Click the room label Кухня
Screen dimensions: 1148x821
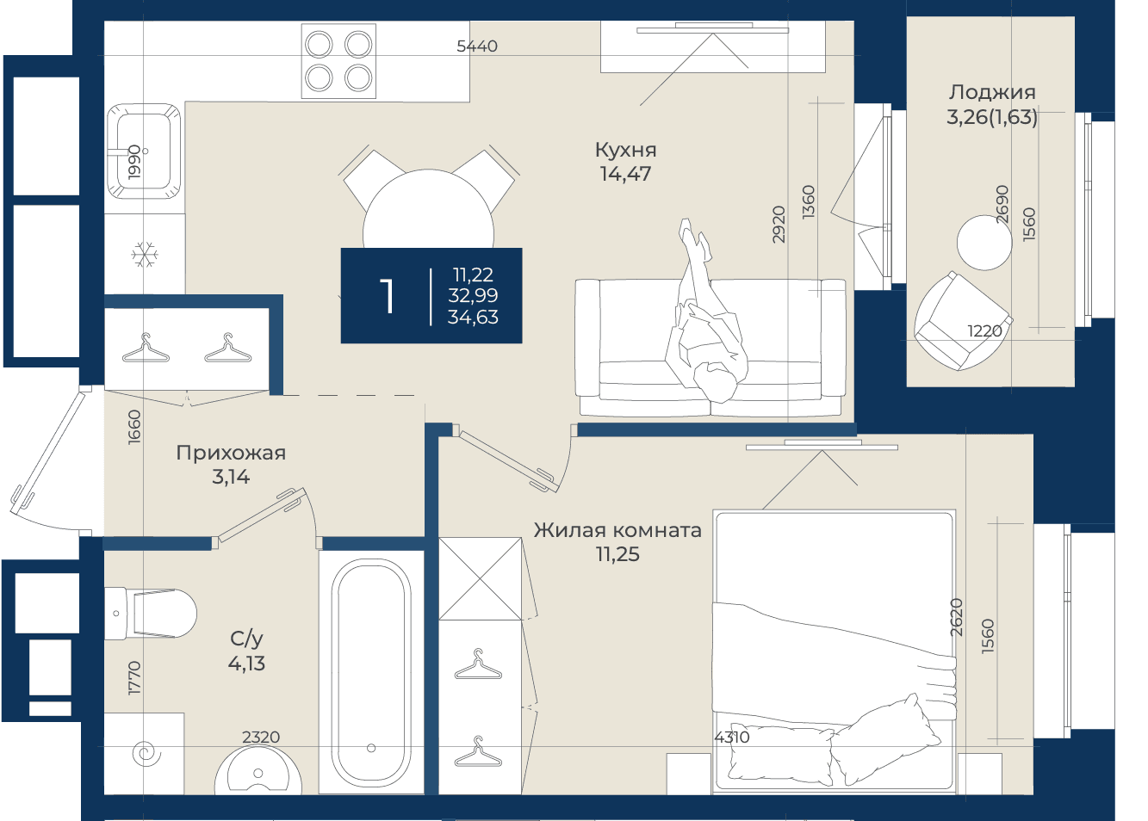pos(625,150)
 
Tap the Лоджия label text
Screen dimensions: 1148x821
pos(991,93)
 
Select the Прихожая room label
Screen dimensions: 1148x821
pos(231,453)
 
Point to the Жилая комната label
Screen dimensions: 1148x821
pos(617,530)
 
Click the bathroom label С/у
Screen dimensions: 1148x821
pos(246,639)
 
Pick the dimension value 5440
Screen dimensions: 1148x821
pos(476,46)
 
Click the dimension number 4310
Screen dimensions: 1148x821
pos(732,738)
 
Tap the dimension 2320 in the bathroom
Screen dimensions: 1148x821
pos(261,737)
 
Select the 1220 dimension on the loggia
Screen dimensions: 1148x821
pos(984,330)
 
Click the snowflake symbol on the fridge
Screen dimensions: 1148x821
pos(145,255)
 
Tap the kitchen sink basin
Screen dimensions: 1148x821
pos(144,151)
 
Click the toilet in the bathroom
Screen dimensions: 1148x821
pos(150,614)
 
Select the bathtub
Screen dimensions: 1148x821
pos(371,672)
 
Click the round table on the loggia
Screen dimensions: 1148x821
pos(984,243)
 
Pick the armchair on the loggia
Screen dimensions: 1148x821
pos(963,321)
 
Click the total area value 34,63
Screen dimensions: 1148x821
pos(473,317)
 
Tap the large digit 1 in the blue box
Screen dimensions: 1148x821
pos(387,296)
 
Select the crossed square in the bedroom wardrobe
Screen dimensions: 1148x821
pos(481,579)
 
